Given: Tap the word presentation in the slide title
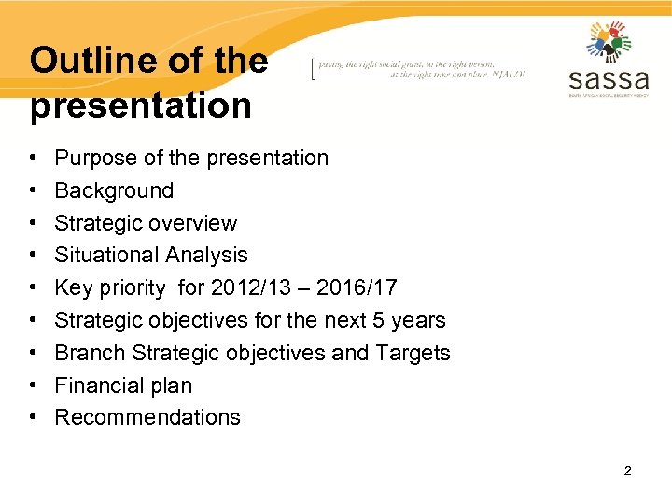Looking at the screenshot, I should [141, 105].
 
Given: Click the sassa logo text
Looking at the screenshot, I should [608, 76].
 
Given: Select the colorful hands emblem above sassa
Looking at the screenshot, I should [609, 41].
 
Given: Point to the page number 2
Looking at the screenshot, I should [627, 470].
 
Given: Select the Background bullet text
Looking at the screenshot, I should [114, 190].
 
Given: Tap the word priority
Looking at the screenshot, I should [129, 287].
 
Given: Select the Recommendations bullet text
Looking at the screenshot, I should [147, 417].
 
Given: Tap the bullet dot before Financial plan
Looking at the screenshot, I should [33, 385].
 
